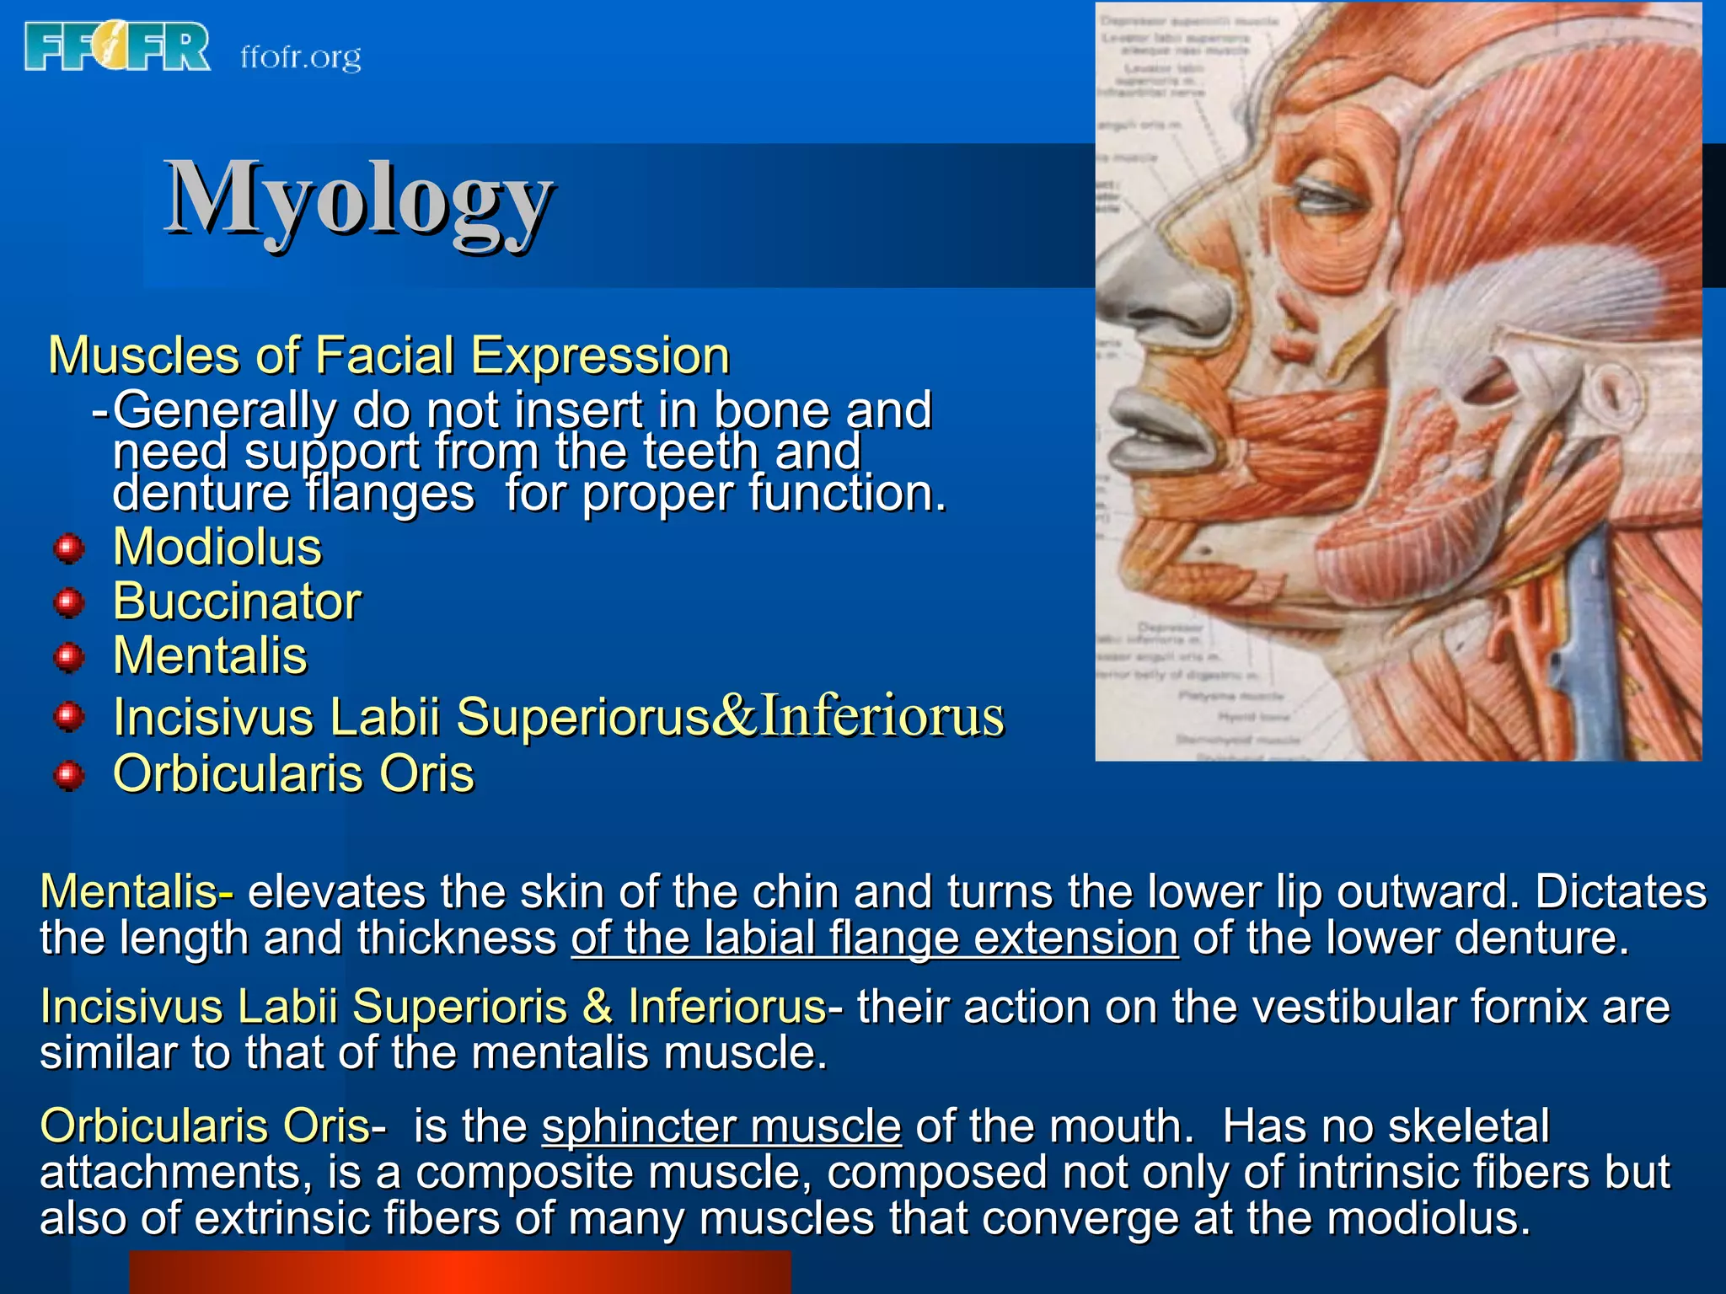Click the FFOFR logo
tap(117, 47)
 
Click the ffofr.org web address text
tap(301, 57)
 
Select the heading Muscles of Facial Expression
tap(389, 356)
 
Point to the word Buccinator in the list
tap(237, 602)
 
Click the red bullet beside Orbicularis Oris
tap(69, 775)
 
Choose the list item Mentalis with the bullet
tap(210, 655)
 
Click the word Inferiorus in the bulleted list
tap(882, 716)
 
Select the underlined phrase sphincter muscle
tap(721, 1126)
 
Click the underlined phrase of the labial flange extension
tap(875, 938)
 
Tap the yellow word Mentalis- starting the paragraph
tap(137, 892)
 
